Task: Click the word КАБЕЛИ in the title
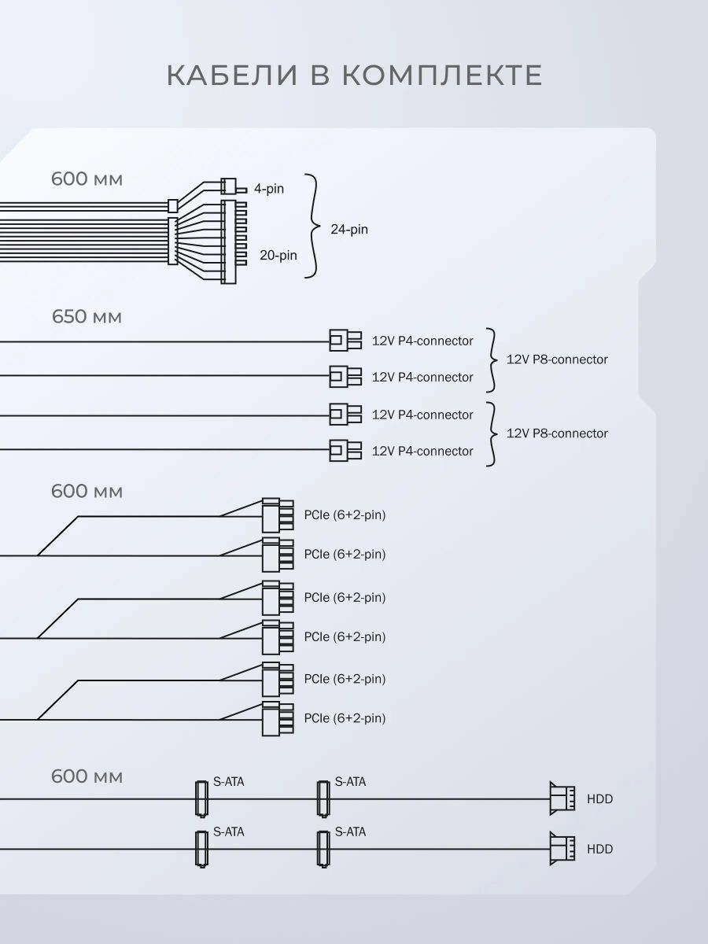(x=232, y=76)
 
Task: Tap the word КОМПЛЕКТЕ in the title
(x=442, y=76)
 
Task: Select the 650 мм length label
(x=87, y=317)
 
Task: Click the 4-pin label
(x=269, y=189)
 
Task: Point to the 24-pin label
(x=349, y=229)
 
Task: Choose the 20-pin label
(x=278, y=255)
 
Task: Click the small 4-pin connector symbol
(x=233, y=186)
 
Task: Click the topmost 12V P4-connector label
(x=422, y=341)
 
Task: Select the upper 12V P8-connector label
(x=557, y=359)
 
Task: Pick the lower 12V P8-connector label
(x=557, y=433)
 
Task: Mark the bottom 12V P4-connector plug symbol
(x=345, y=450)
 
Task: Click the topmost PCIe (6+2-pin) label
(x=345, y=514)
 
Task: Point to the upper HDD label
(x=599, y=799)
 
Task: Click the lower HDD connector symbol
(x=562, y=849)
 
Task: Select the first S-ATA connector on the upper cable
(x=201, y=798)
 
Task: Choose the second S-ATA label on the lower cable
(x=350, y=832)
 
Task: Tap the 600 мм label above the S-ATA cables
(x=87, y=776)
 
